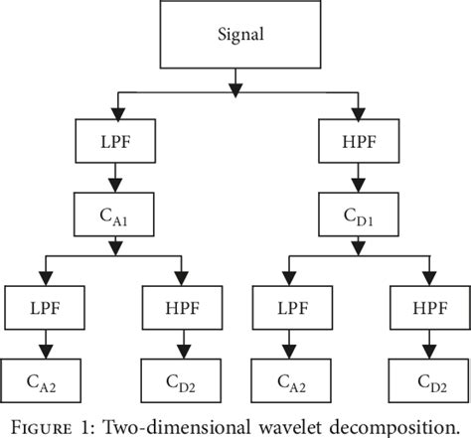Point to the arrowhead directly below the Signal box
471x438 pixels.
coord(235,90)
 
